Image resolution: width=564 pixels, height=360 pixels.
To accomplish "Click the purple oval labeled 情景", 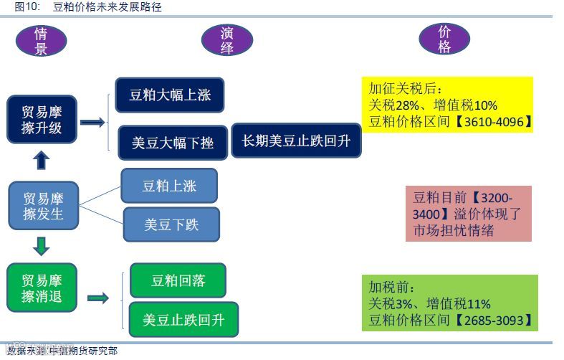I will pos(41,41).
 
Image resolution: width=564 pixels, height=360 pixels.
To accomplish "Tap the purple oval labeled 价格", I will pos(444,40).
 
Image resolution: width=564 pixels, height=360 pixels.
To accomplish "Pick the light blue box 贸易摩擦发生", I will pos(42,206).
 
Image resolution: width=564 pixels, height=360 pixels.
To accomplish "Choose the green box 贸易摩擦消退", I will pos(42,288).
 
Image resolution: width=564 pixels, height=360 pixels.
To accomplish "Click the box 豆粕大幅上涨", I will pos(170,95).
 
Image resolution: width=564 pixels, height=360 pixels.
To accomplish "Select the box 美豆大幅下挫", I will pos(172,141).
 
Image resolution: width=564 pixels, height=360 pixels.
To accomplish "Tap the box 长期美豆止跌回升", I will pos(296,141).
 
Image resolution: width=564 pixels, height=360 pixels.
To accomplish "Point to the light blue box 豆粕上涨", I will pos(169,186).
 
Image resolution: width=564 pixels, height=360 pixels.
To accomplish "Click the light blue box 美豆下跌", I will pos(171,225).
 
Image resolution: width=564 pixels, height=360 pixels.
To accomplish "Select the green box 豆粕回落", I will pos(178,280).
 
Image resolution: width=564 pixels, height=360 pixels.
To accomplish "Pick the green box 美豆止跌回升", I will pos(183,320).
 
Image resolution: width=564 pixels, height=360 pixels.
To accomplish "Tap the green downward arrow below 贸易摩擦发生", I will pos(42,247).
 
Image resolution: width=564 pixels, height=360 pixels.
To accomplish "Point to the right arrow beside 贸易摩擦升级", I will pos(92,123).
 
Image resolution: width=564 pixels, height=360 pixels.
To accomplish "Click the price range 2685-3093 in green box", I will pos(494,319).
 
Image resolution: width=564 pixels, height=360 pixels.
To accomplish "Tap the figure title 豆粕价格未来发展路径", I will pos(107,7).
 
